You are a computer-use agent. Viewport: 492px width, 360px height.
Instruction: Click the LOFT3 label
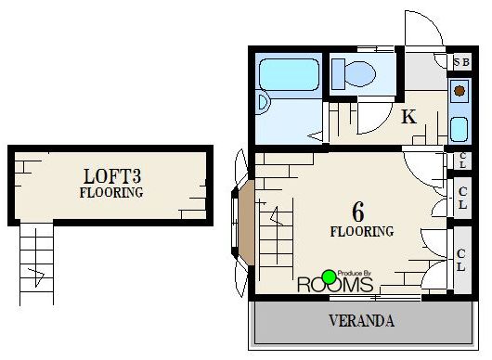click(x=112, y=176)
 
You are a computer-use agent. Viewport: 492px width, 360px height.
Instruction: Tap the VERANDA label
click(x=361, y=321)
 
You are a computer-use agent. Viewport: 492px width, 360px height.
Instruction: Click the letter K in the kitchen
click(x=408, y=117)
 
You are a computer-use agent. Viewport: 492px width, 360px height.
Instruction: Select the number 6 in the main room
click(x=358, y=212)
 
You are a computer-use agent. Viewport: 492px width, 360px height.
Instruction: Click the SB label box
click(x=461, y=62)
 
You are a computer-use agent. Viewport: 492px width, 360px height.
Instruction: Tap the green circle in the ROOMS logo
click(x=330, y=276)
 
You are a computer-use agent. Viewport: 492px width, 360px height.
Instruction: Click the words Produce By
click(x=355, y=274)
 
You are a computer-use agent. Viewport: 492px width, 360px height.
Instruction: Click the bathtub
click(x=289, y=74)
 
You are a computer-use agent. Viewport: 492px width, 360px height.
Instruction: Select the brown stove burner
click(x=460, y=91)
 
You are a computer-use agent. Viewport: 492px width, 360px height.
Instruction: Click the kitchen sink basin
click(x=460, y=129)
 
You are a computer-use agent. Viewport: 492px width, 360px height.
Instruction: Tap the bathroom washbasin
click(x=264, y=103)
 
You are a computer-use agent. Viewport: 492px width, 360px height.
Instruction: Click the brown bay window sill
click(x=247, y=223)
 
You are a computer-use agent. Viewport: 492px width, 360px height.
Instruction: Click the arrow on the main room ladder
click(x=277, y=216)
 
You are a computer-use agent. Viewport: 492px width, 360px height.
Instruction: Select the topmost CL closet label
click(x=463, y=161)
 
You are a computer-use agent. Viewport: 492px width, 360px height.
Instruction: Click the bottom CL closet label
click(x=460, y=260)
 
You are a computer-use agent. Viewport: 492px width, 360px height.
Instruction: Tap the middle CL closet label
click(x=462, y=198)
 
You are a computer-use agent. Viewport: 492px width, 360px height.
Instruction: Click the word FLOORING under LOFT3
click(x=111, y=193)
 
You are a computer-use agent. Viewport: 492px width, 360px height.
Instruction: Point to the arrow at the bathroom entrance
click(x=316, y=136)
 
